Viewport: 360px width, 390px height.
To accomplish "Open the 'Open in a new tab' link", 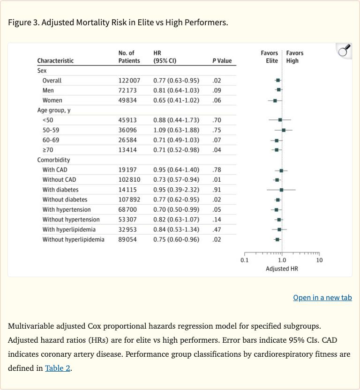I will (322, 298).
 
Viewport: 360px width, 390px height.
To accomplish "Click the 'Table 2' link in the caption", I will (58, 368).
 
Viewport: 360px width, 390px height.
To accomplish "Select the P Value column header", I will (222, 61).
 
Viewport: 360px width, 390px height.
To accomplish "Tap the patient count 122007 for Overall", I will (129, 81).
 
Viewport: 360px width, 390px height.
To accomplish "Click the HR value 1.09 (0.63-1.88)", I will (176, 130).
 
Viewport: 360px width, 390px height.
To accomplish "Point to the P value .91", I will (217, 190).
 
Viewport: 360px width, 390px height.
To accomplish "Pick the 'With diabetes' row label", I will (60, 190).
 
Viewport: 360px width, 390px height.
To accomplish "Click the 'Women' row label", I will (52, 100).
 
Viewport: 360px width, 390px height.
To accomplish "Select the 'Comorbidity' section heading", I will (53, 160).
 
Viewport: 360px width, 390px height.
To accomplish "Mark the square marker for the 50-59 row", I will (284, 130).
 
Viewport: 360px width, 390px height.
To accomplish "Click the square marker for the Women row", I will (275, 100).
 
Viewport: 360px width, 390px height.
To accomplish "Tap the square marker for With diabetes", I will (281, 190).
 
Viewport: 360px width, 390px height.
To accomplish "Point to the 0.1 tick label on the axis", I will (244, 260).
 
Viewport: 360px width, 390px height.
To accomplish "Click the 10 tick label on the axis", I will (319, 260).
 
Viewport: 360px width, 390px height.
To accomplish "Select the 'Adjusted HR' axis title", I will (282, 269).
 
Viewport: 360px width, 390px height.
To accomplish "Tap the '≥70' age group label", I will (48, 150).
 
